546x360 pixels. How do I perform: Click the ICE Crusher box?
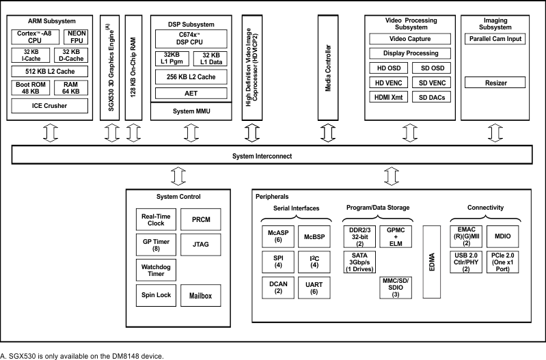coord(49,106)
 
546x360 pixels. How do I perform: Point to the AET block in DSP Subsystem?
coord(187,93)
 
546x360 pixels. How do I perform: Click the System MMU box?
coord(187,111)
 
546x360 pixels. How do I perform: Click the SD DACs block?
coord(432,98)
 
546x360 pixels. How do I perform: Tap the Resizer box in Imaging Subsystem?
coord(495,83)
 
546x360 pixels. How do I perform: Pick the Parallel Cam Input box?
coord(495,39)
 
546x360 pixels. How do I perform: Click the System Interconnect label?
coord(262,156)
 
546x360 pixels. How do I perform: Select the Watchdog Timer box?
coord(156,269)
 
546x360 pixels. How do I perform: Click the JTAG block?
coord(201,244)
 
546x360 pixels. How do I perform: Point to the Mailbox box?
coord(201,296)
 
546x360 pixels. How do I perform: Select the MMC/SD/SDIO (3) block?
coord(395,288)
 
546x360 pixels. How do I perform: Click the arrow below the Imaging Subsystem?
coord(495,132)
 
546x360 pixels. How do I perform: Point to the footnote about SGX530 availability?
coord(82,355)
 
